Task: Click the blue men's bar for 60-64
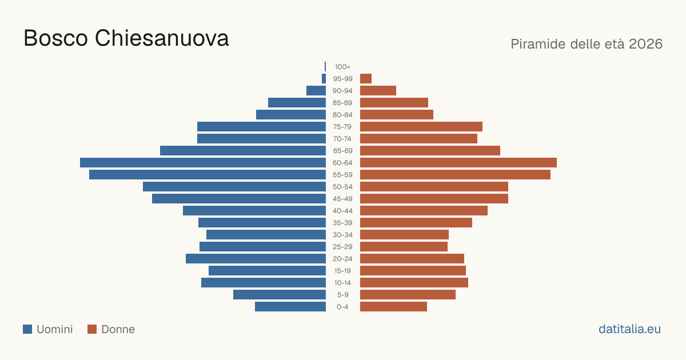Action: pos(203,162)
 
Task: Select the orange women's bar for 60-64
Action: pos(458,162)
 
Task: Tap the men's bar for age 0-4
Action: pos(290,307)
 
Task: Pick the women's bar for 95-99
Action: pos(366,79)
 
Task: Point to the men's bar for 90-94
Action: pos(316,91)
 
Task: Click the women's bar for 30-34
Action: pos(404,235)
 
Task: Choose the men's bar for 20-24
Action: pos(256,259)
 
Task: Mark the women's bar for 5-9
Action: pos(408,295)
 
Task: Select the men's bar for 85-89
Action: pos(297,102)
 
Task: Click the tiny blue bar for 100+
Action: pos(325,67)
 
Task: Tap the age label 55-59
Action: pos(342,175)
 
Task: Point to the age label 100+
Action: pos(342,67)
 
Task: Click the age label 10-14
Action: pos(342,283)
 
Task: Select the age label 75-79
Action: pos(342,127)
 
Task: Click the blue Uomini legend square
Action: pos(27,329)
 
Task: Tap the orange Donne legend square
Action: pos(92,329)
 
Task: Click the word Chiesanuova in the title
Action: pos(162,38)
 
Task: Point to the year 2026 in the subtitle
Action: pos(645,44)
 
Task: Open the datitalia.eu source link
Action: pos(629,329)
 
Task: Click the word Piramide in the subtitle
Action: pos(538,44)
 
